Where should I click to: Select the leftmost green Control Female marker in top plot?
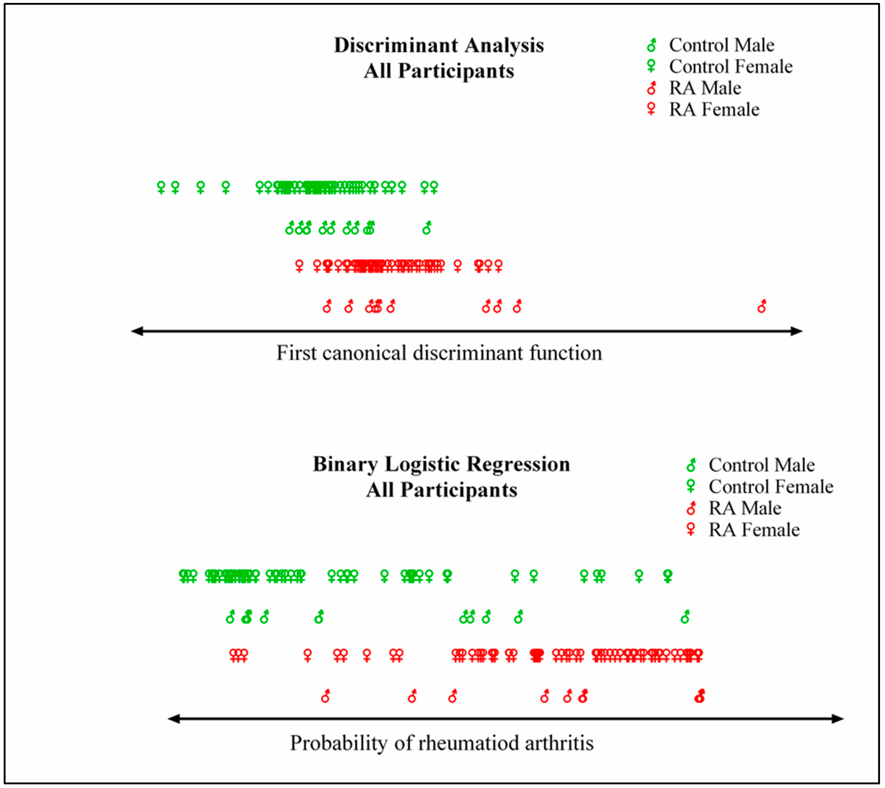(161, 187)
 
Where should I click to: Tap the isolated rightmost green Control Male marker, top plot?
(427, 228)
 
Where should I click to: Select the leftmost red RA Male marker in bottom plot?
(325, 696)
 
